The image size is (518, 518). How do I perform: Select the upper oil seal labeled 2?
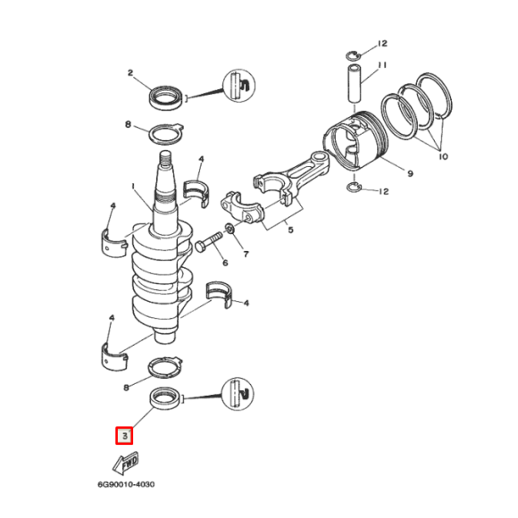click(x=167, y=94)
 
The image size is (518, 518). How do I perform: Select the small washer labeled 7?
click(x=230, y=232)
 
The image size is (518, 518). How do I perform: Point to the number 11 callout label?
click(x=381, y=64)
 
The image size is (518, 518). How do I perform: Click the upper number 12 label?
click(x=382, y=43)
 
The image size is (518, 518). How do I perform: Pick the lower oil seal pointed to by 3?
click(x=166, y=397)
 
